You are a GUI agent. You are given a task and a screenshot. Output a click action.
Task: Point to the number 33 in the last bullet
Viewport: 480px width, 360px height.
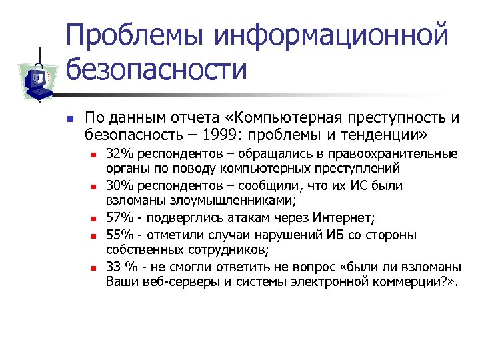pos(114,267)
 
